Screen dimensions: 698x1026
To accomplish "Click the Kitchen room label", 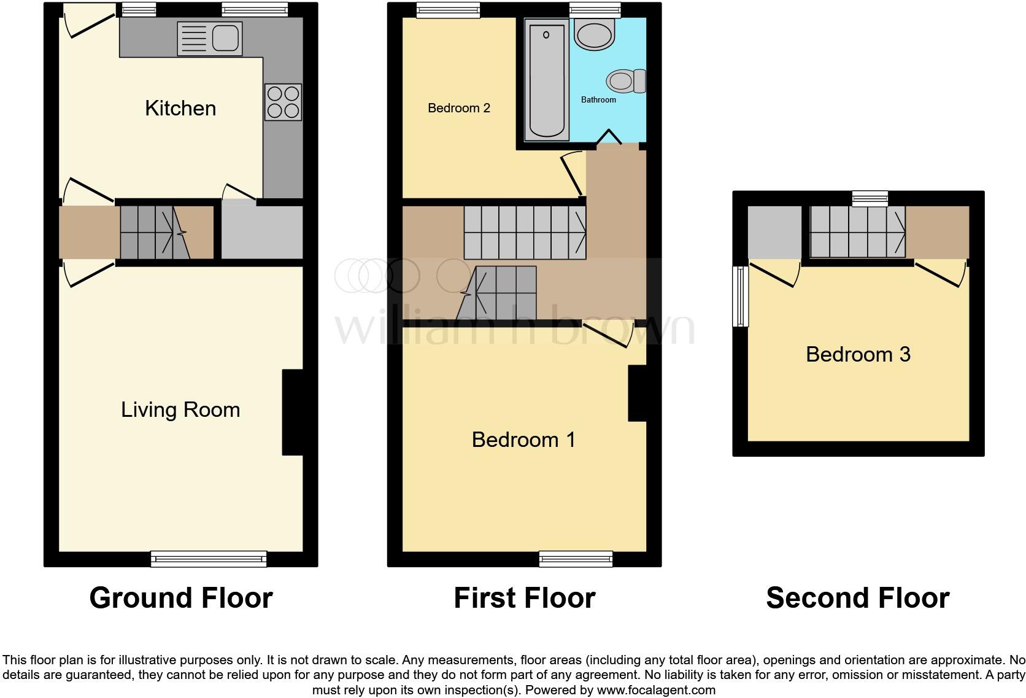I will click(x=180, y=108).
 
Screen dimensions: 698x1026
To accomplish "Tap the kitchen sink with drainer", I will click(x=209, y=39).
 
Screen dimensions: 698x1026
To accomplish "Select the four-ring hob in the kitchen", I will click(x=283, y=102).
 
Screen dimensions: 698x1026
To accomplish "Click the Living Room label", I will click(x=180, y=409).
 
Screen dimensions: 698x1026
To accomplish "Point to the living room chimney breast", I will click(x=293, y=412).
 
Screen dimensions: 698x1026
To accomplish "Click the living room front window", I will click(x=209, y=559).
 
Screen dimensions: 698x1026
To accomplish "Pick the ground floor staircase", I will click(x=155, y=232).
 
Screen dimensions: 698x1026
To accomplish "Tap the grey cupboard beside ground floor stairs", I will click(x=261, y=232).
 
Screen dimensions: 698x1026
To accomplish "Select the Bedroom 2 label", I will click(x=459, y=108).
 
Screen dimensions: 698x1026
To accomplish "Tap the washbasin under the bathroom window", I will click(x=594, y=34).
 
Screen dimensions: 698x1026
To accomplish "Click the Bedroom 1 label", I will click(x=523, y=440).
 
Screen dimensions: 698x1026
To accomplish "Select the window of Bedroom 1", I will click(x=576, y=558).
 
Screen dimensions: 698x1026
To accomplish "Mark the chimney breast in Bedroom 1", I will click(x=638, y=394).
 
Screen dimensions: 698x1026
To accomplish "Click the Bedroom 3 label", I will click(x=858, y=354).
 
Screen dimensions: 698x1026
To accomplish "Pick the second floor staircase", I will click(x=858, y=231).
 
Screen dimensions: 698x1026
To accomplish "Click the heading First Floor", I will click(x=524, y=598).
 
